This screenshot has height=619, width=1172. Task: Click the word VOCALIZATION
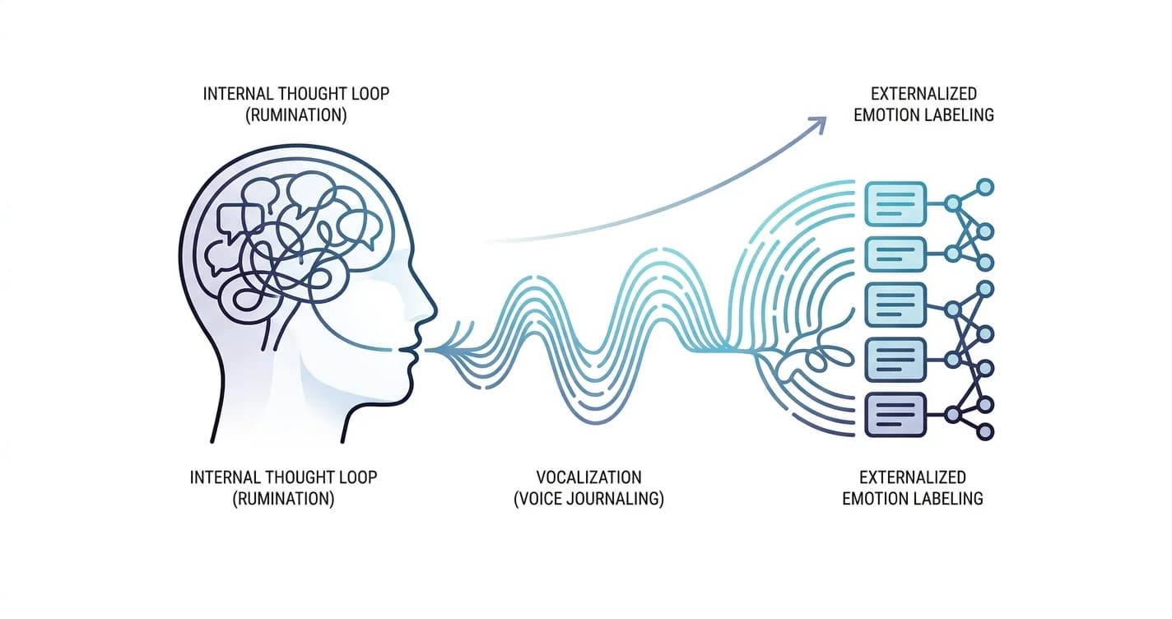588,477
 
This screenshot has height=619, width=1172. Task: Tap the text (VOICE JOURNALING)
588,499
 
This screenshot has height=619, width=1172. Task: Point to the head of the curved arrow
818,124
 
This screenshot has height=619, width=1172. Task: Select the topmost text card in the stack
895,203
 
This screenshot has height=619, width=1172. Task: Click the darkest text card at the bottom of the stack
895,415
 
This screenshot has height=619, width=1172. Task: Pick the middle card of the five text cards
895,305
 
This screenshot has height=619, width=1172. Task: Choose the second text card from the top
895,254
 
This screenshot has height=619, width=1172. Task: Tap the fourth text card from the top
895,360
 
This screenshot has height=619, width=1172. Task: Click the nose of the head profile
430,309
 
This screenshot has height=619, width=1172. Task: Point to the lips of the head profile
410,350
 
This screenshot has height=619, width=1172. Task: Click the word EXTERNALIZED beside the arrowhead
923,94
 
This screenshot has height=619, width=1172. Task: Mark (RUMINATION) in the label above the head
296,115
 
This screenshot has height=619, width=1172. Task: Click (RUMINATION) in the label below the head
283,499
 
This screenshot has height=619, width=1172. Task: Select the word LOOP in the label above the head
370,94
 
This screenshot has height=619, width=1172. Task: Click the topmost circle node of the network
985,188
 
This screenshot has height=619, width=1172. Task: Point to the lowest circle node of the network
985,431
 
